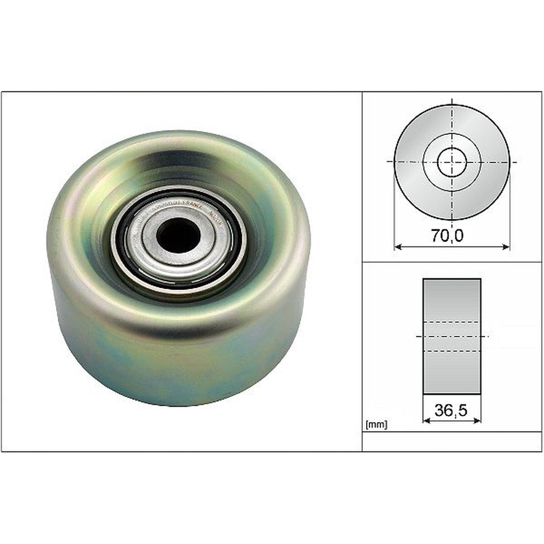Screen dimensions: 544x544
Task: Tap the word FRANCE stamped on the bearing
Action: [x=191, y=207]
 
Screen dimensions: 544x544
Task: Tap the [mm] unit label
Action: [x=376, y=425]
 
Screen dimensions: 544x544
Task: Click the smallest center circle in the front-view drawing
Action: [x=452, y=162]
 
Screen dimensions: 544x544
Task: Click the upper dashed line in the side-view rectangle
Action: [x=452, y=322]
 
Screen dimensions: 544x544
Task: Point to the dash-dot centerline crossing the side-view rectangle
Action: [x=452, y=337]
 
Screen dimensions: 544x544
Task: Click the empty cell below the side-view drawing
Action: [x=452, y=441]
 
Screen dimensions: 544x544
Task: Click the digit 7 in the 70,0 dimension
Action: [x=436, y=236]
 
